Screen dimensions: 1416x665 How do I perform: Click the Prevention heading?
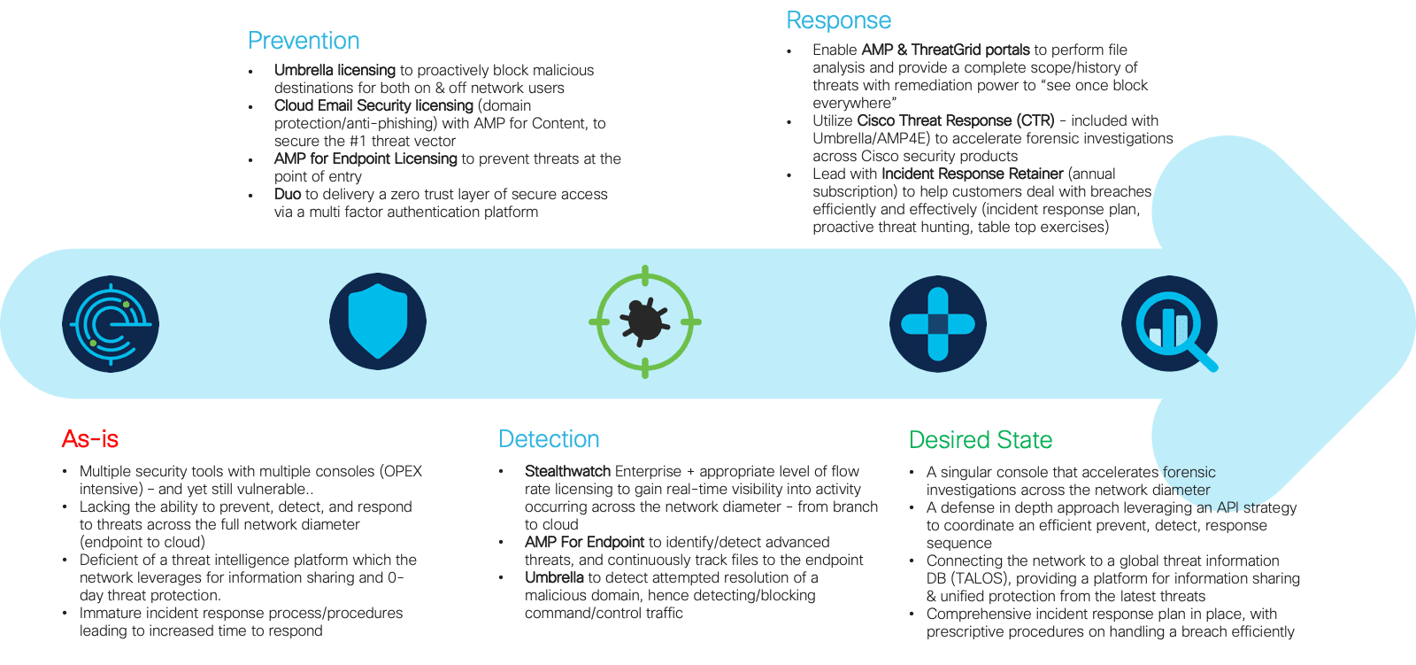pos(304,41)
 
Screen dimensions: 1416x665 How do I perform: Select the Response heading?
pos(838,21)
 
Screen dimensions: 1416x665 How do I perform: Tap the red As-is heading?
pos(89,439)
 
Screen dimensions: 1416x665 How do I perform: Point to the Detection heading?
pos(549,439)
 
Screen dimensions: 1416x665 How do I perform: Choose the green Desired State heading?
pos(981,440)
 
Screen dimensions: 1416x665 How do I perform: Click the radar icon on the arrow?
pos(111,324)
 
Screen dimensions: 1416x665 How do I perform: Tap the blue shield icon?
pos(378,321)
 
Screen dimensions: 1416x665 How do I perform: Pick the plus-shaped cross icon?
pos(937,324)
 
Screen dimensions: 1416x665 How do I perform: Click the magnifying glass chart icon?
pos(1170,324)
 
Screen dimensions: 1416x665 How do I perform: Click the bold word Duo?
pos(288,194)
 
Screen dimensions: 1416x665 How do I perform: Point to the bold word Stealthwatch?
pos(567,471)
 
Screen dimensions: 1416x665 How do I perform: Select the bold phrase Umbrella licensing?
pos(335,70)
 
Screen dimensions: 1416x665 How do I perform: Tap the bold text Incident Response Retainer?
pos(973,174)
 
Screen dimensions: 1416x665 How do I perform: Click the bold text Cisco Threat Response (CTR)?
pos(956,120)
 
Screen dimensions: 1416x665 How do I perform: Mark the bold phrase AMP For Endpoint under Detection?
pos(585,542)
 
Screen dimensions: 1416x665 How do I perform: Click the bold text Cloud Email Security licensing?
pos(373,105)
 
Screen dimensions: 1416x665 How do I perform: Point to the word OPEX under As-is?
pos(401,471)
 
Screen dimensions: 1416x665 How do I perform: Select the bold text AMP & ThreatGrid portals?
pos(946,50)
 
